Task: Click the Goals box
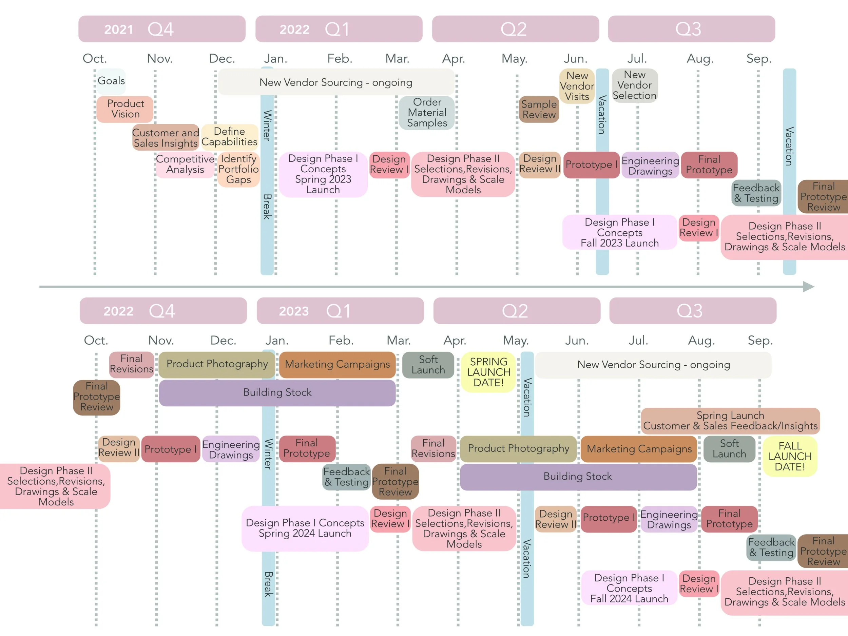111,81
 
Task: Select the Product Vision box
125,109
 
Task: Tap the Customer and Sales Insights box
165,138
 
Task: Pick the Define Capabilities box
229,136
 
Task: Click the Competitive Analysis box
185,165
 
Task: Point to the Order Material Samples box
427,113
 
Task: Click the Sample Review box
539,109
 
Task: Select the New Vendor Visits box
577,86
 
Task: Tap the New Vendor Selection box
634,85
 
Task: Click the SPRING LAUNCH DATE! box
488,372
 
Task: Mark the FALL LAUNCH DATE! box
790,456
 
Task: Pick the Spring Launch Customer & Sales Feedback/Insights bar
730,421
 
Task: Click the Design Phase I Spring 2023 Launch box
323,174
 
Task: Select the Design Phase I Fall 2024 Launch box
629,588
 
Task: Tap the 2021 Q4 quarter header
162,29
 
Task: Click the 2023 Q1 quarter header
340,311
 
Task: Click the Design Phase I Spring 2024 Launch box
305,528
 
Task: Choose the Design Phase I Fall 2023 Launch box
619,232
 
